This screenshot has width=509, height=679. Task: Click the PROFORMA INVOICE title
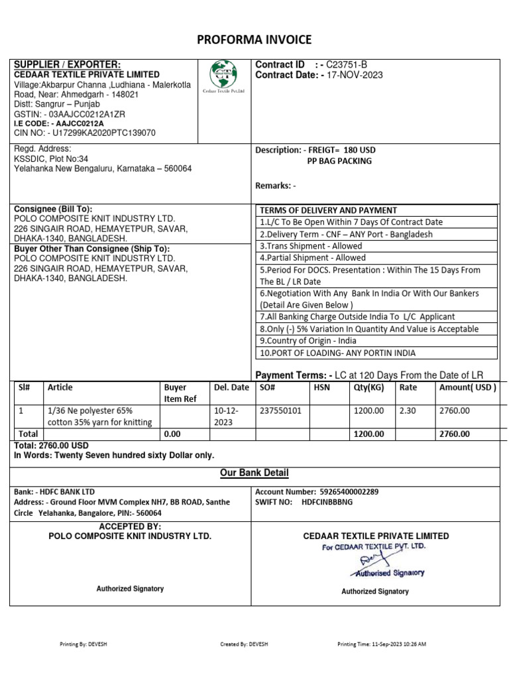(x=254, y=40)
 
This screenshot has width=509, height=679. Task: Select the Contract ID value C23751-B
(x=347, y=64)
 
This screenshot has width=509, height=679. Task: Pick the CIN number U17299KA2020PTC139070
(x=99, y=133)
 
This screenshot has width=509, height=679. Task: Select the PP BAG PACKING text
(x=339, y=161)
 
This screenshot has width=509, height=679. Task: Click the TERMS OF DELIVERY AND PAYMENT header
(x=328, y=210)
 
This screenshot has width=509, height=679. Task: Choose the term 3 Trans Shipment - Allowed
(x=311, y=246)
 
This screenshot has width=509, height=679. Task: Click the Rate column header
(x=408, y=387)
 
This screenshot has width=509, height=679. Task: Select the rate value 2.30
(x=408, y=411)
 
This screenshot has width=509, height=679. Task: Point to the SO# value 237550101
(x=281, y=411)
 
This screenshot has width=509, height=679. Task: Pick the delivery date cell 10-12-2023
(x=223, y=416)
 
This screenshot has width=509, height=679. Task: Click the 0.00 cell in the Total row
(x=174, y=434)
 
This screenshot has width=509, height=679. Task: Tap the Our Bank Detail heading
(x=254, y=473)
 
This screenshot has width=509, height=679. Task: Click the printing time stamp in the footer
(x=382, y=644)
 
